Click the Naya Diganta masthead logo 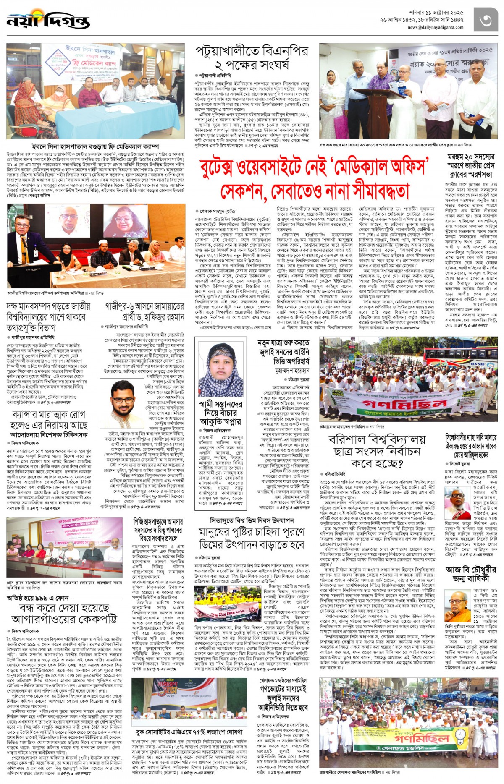[48, 21]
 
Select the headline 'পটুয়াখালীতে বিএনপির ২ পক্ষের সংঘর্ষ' [252, 58]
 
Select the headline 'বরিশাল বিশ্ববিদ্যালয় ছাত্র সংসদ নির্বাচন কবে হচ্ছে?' [377, 451]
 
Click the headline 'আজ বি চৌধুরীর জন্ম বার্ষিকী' [471, 573]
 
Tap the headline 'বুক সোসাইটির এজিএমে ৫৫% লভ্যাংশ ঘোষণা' [194, 732]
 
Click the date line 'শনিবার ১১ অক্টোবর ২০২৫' [436, 13]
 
